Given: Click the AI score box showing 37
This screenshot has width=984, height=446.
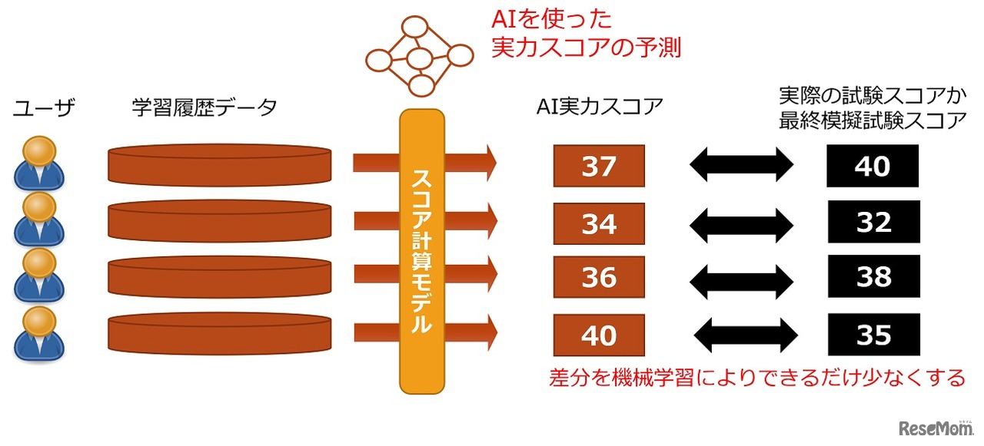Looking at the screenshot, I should [x=599, y=166].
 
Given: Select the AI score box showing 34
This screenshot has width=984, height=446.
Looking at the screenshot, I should [x=599, y=223].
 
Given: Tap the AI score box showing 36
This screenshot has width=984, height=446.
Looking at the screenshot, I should [x=599, y=277].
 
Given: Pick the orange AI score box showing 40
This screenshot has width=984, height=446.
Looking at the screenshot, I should [x=599, y=335].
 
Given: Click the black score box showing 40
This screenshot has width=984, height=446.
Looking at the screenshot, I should [x=873, y=166].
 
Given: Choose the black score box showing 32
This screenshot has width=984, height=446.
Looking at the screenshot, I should [x=873, y=222].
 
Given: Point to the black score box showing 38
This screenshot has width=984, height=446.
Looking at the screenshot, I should [x=873, y=276].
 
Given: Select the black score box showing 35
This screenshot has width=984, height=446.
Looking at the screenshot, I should [x=873, y=335].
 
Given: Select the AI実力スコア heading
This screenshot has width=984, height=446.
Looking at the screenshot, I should [x=600, y=107].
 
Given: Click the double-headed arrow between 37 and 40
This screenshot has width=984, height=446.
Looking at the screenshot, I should [x=740, y=165].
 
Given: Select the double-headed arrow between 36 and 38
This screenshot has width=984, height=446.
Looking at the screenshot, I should [x=740, y=278].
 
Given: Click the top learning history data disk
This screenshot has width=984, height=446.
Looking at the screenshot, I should [x=220, y=164].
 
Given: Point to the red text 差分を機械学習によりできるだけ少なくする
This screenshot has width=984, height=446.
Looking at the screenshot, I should [x=757, y=378].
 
